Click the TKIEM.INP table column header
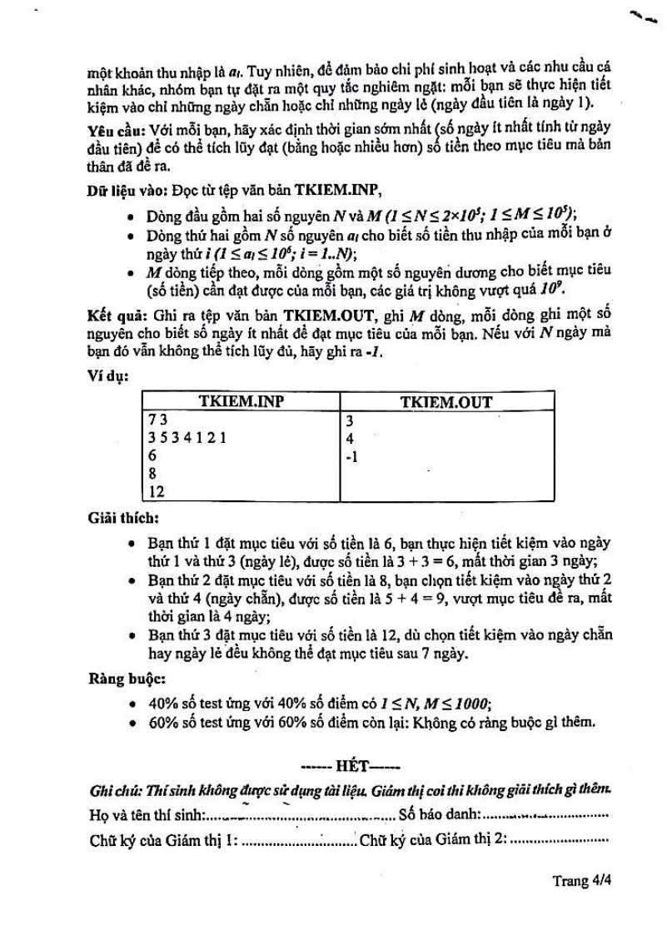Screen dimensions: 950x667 point(241,401)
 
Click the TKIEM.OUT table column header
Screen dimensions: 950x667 point(445,401)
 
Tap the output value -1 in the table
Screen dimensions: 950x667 point(351,456)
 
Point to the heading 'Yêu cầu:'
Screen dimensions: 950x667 point(116,133)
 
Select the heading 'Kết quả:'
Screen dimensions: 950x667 point(116,317)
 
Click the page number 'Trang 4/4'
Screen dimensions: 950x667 point(582,881)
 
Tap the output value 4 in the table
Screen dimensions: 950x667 point(350,438)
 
